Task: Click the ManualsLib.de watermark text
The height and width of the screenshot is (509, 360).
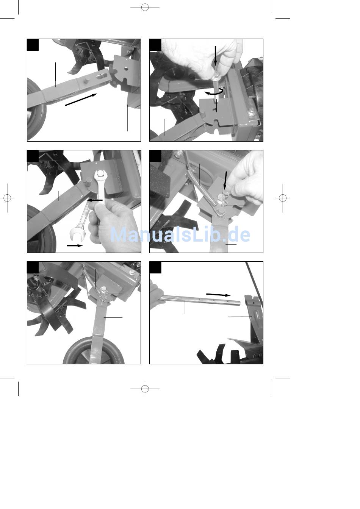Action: click(x=180, y=234)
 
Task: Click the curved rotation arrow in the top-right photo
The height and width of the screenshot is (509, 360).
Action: click(x=214, y=92)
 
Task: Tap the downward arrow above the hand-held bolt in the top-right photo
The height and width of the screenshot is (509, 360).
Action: click(x=215, y=56)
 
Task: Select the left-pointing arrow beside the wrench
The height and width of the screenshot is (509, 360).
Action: click(x=94, y=200)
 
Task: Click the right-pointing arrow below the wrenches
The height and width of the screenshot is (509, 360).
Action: click(x=75, y=245)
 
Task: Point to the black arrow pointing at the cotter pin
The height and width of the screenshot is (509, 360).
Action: click(x=225, y=180)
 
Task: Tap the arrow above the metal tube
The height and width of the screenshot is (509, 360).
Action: click(x=218, y=295)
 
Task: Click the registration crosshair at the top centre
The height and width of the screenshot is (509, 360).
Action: click(x=145, y=7)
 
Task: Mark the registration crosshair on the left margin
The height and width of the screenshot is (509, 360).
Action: click(x=7, y=198)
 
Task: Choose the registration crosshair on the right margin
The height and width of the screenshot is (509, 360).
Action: click(x=283, y=198)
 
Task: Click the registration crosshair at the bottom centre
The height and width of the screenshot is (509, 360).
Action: click(x=145, y=389)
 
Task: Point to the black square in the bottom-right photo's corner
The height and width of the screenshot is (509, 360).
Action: click(x=155, y=267)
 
